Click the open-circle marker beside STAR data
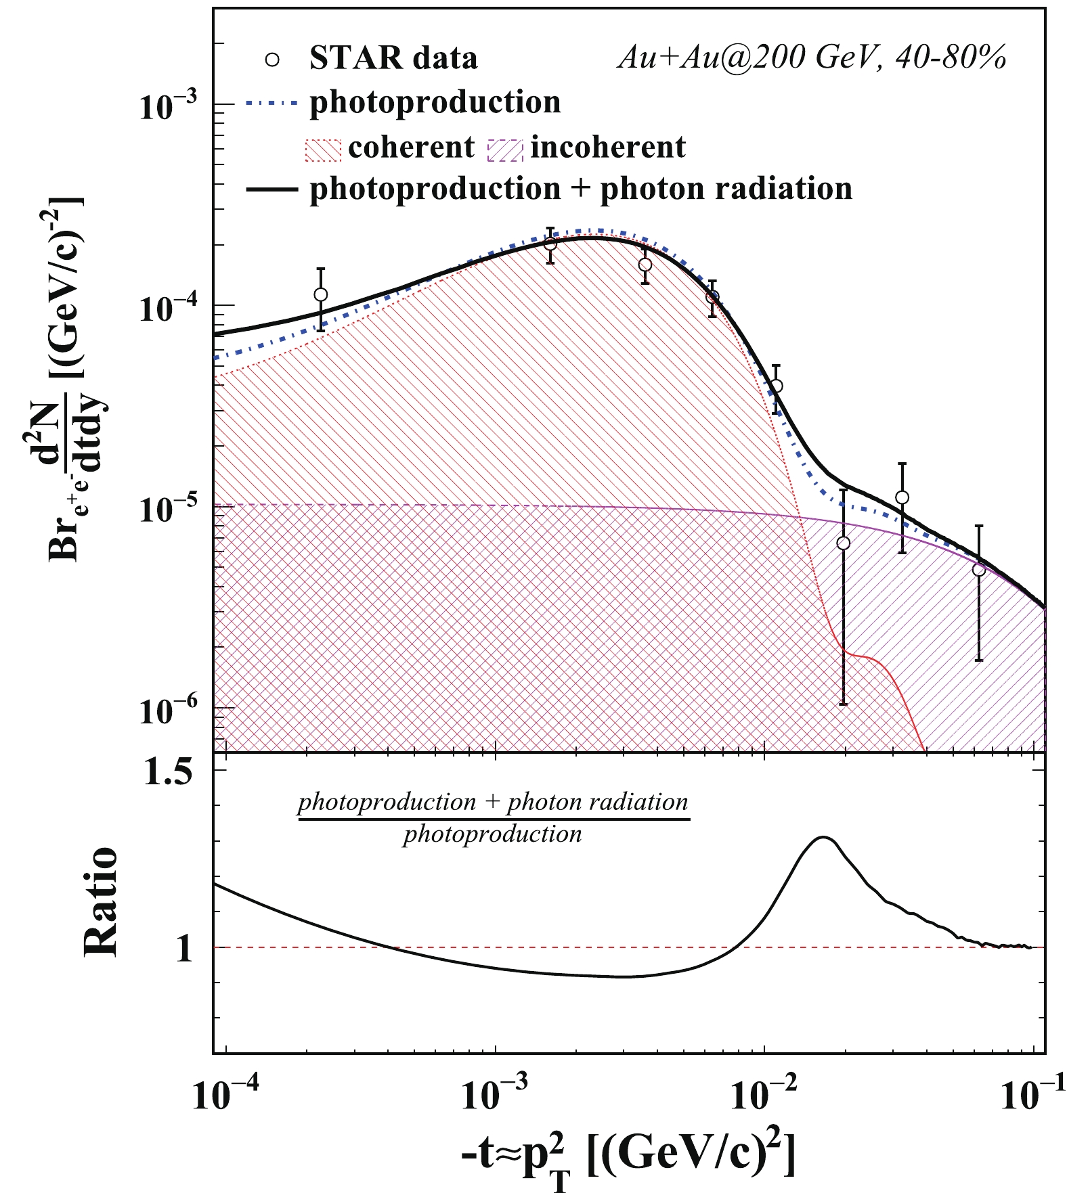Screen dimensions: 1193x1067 click(272, 60)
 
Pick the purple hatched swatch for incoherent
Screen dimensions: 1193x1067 click(505, 149)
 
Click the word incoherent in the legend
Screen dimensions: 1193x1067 click(607, 148)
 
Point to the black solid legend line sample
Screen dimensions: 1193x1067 click(271, 189)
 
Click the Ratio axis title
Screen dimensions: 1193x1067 click(100, 901)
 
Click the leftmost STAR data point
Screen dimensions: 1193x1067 click(321, 294)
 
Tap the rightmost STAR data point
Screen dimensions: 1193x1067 click(978, 570)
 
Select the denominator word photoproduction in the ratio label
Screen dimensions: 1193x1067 click(492, 834)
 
